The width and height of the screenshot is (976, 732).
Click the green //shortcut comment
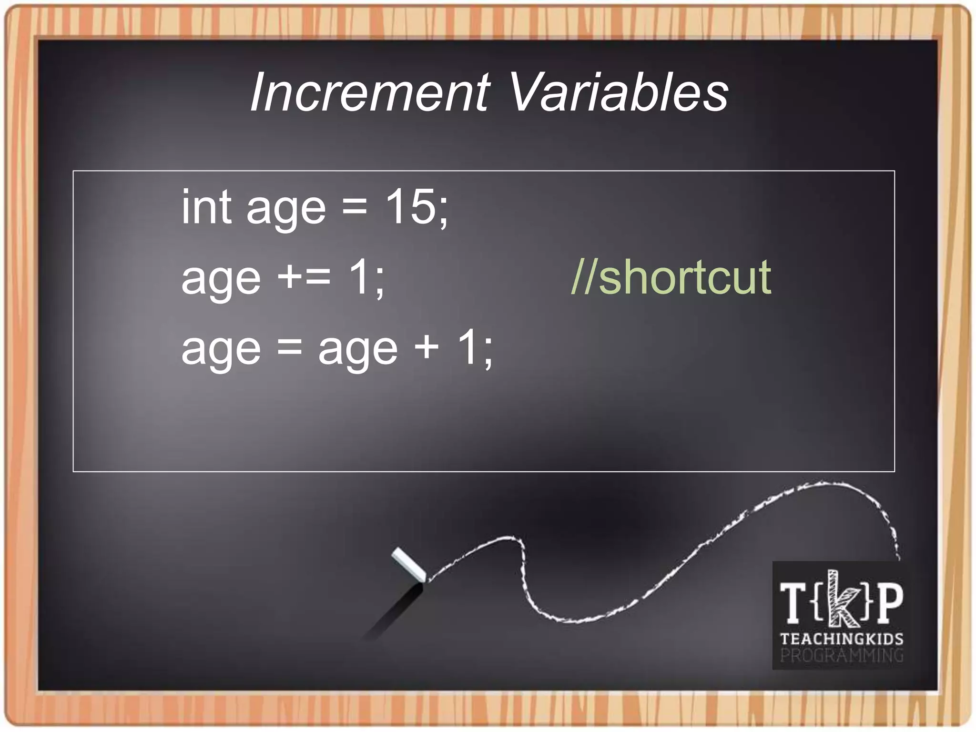pos(671,277)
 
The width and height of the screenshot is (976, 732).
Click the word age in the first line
pos(286,210)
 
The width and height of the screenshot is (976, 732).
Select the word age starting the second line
pos(221,280)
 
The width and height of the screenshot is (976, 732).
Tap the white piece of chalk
pos(408,565)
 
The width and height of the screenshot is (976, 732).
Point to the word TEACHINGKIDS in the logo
pos(841,639)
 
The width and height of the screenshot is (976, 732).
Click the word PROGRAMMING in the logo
pos(841,655)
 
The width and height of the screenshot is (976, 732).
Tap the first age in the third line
pos(221,351)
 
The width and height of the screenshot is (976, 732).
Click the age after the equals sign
pos(357,351)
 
